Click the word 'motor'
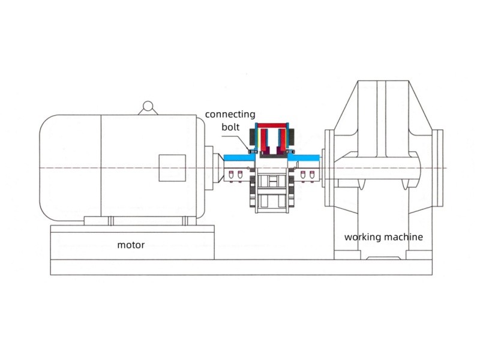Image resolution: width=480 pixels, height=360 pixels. coord(131,245)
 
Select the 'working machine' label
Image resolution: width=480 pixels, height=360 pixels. coord(383,237)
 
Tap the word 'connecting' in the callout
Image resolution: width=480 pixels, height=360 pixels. coord(230,114)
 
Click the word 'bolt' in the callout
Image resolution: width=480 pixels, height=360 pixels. coord(230,127)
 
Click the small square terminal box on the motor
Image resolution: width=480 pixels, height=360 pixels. coord(172,167)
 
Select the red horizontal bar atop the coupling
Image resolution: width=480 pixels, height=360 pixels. coord(273,125)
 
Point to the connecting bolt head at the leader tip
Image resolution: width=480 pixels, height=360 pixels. coord(253,152)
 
